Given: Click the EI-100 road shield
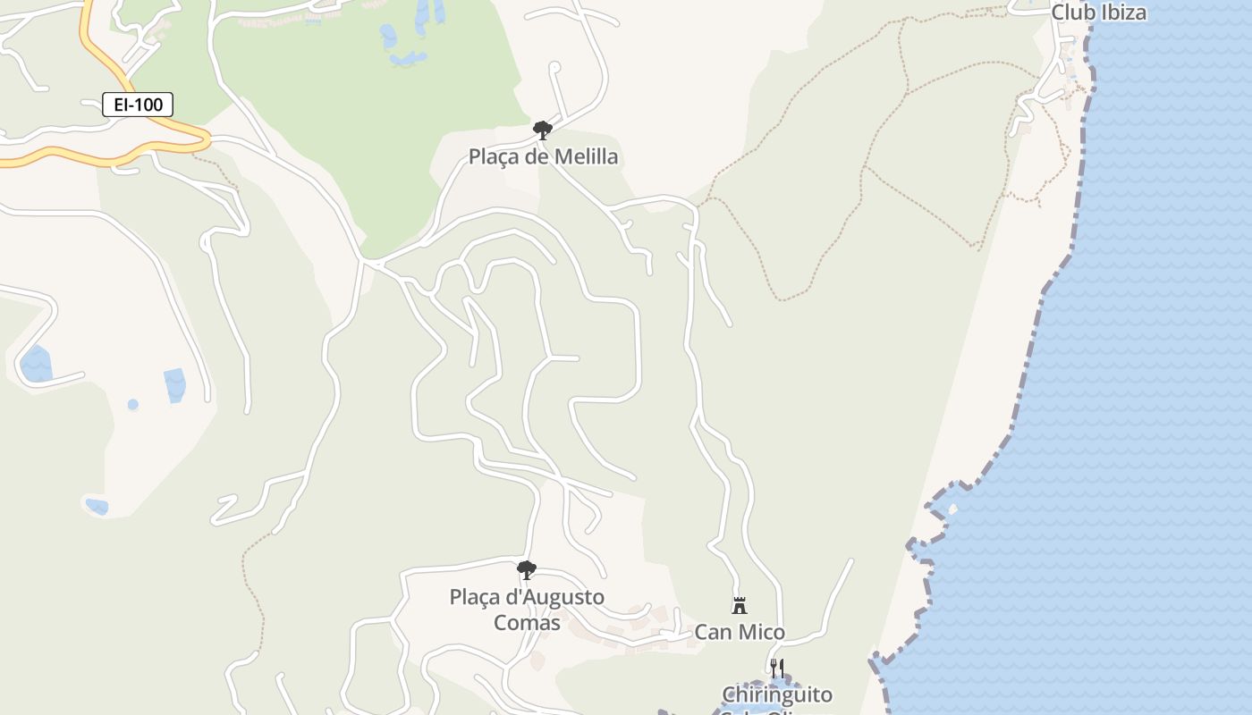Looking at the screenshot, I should [138, 105].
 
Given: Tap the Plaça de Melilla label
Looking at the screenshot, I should [543, 157].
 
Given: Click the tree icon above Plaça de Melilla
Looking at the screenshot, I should [542, 130].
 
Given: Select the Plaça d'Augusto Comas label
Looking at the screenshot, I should [527, 609].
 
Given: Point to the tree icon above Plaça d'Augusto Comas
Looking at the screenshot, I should [527, 569].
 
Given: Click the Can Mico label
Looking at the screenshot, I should [740, 633].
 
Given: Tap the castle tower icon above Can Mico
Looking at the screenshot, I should [740, 606].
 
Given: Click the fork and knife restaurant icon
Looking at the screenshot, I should [777, 668].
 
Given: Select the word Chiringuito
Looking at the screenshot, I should [777, 694].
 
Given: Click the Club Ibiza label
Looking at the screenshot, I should [1098, 13].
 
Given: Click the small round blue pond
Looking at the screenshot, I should [133, 405].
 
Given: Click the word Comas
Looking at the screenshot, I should [527, 622].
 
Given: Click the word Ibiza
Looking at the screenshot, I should [1121, 13].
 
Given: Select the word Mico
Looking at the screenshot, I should [763, 633].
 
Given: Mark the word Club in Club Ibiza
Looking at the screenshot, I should [1071, 13].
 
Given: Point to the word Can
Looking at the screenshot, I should [714, 633].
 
